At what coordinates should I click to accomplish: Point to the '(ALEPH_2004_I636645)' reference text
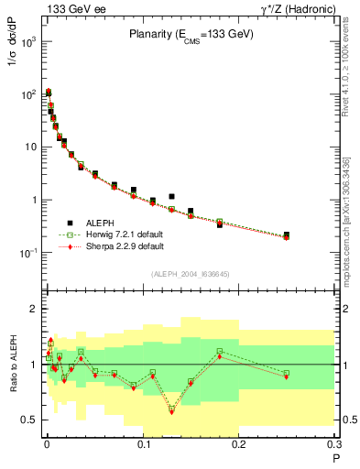click(191, 274)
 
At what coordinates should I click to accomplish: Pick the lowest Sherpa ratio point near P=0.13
click(171, 412)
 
